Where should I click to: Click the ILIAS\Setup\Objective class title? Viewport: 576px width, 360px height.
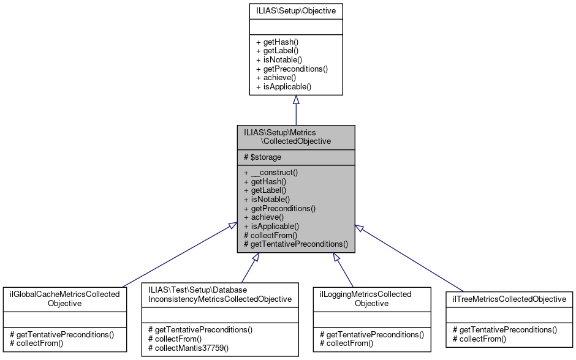[295, 10]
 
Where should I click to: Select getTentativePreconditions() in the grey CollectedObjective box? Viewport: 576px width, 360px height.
[296, 244]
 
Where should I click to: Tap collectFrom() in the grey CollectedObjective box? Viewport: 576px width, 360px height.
[270, 235]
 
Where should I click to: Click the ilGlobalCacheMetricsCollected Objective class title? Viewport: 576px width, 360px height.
[64, 299]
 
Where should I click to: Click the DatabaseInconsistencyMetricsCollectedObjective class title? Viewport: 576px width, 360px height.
[220, 294]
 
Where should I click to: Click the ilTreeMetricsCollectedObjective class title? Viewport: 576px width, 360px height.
[509, 299]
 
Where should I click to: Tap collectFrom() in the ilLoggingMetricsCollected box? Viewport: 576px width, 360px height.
[346, 343]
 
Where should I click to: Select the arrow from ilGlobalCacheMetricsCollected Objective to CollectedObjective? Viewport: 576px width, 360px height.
[178, 253]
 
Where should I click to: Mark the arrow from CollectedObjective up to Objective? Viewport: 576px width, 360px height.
[296, 110]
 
